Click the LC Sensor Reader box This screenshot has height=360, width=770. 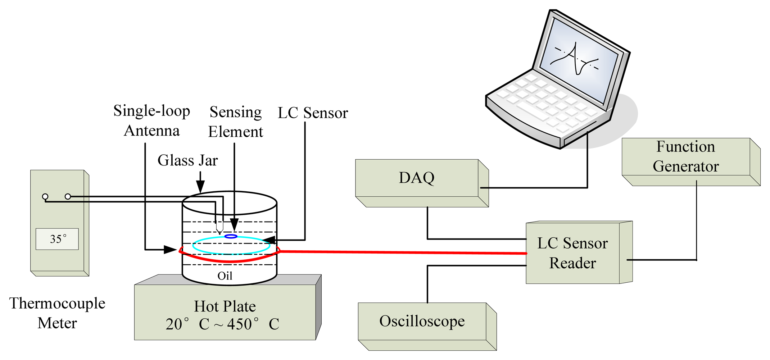click(572, 253)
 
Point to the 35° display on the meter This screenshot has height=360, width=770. click(57, 239)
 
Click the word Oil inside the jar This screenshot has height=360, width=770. click(225, 276)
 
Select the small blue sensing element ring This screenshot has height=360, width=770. click(231, 236)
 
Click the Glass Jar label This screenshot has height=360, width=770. click(187, 160)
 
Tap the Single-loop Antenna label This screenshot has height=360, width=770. click(151, 121)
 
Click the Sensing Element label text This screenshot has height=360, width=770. click(236, 122)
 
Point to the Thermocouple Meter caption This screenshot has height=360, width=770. click(57, 313)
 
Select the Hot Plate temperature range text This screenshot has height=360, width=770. click(222, 324)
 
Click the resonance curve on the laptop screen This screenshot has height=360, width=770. click(576, 59)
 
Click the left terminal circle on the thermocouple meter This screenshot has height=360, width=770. click(45, 196)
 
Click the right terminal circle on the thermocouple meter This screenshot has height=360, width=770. click(68, 196)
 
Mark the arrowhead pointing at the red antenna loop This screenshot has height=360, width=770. click(171, 249)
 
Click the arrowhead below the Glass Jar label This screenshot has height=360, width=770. click(200, 187)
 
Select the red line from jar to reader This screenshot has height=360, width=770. click(403, 252)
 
